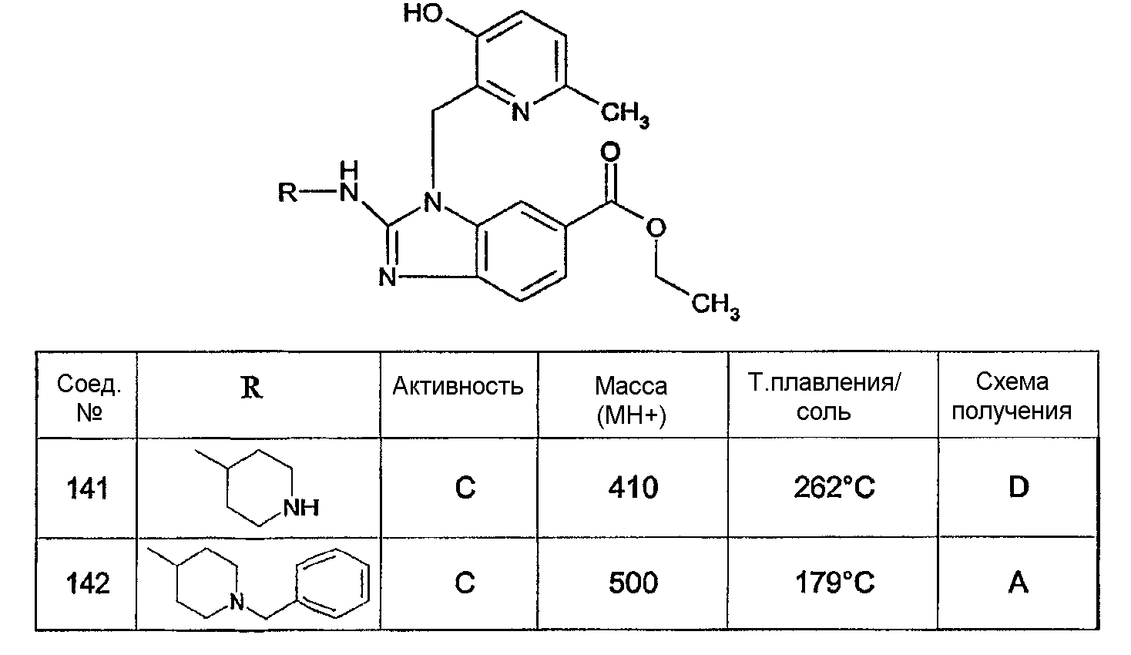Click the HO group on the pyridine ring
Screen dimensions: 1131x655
pyautogui.click(x=423, y=14)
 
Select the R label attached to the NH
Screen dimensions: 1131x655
pyautogui.click(x=288, y=193)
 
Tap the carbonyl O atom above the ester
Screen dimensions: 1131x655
pyautogui.click(x=610, y=152)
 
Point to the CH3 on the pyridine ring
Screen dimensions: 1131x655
pyautogui.click(x=625, y=113)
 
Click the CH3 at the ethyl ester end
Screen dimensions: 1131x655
pyautogui.click(x=716, y=305)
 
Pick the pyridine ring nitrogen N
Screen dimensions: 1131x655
pyautogui.click(x=521, y=112)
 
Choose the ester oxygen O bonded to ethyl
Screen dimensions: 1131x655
pyautogui.click(x=656, y=228)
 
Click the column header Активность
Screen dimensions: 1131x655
pyautogui.click(x=458, y=386)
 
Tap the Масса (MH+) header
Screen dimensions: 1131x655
pyautogui.click(x=631, y=401)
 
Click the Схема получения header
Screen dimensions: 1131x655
pyautogui.click(x=1012, y=397)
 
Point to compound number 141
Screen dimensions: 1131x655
pyautogui.click(x=87, y=489)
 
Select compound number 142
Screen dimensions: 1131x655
pyautogui.click(x=87, y=583)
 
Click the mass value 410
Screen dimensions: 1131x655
pyautogui.click(x=633, y=488)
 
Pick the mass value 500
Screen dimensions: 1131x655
pyautogui.click(x=633, y=583)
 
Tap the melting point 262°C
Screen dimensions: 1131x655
pyautogui.click(x=834, y=488)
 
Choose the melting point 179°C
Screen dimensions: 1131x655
pyautogui.click(x=834, y=583)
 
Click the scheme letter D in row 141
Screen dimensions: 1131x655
pyautogui.click(x=1019, y=487)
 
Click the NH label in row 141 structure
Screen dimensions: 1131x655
pyautogui.click(x=301, y=508)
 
